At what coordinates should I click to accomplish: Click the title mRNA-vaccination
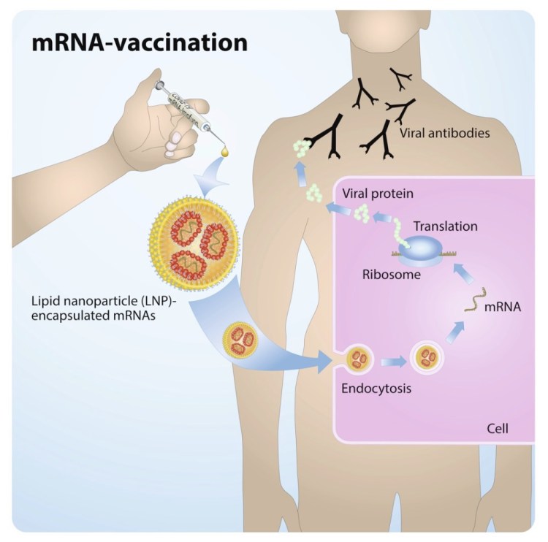point(139,42)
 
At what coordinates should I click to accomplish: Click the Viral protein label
point(377,195)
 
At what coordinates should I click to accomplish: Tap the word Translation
point(444,226)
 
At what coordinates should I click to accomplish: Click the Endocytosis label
point(376,388)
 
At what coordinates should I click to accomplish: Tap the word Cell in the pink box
point(498,427)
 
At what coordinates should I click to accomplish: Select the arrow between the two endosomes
point(392,359)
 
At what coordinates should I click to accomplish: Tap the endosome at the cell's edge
point(358,359)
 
